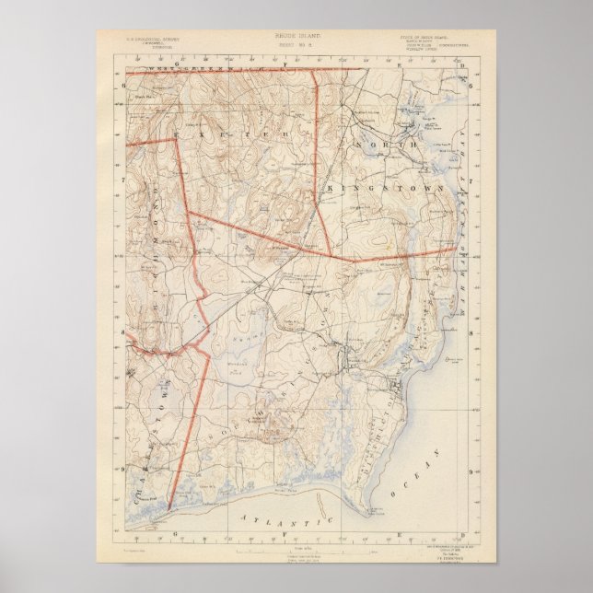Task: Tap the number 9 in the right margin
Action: pyautogui.click(x=471, y=471)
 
